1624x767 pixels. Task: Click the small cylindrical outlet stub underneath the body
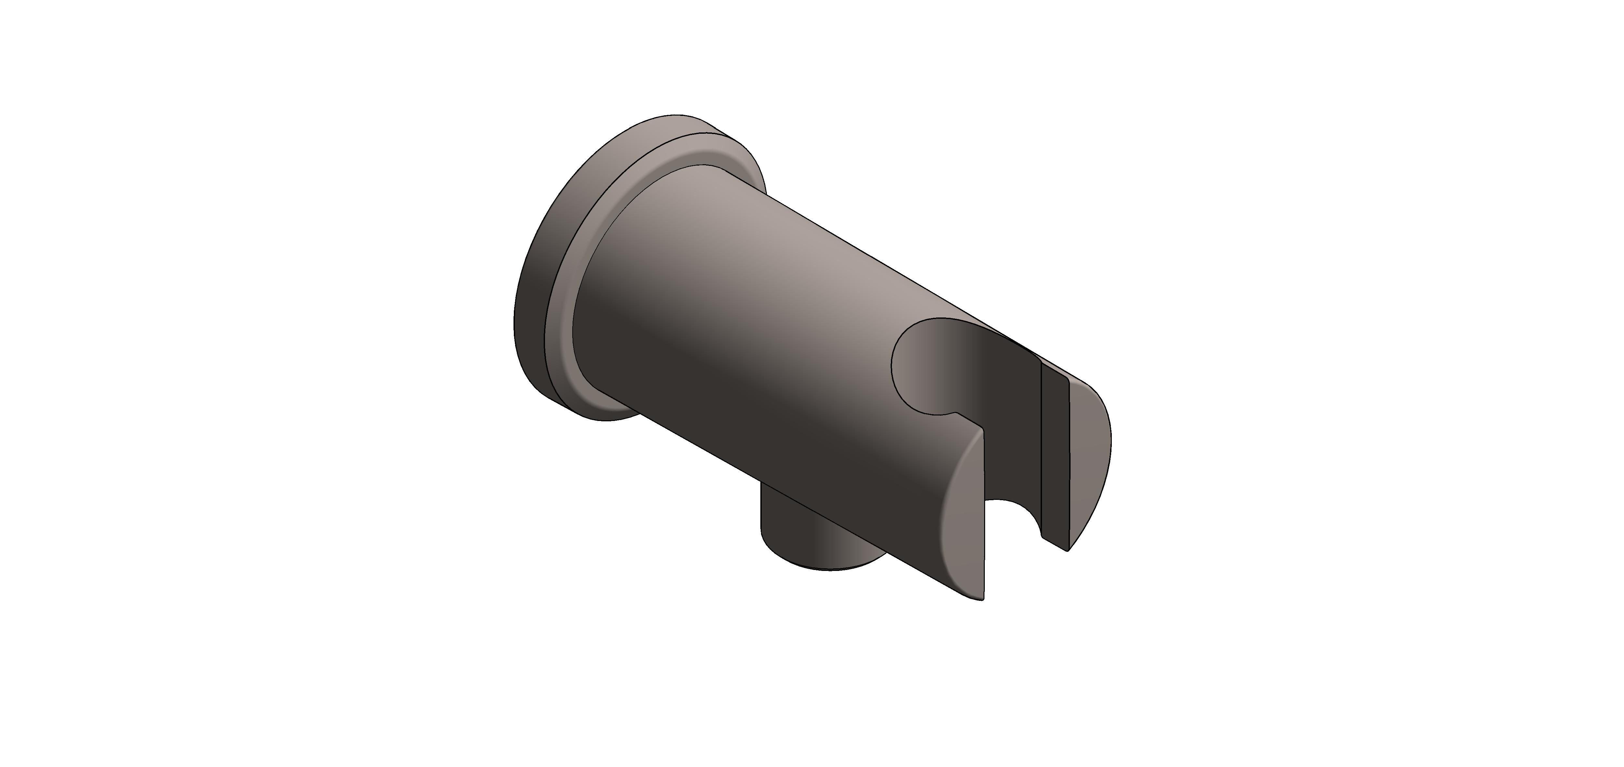[819, 536]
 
